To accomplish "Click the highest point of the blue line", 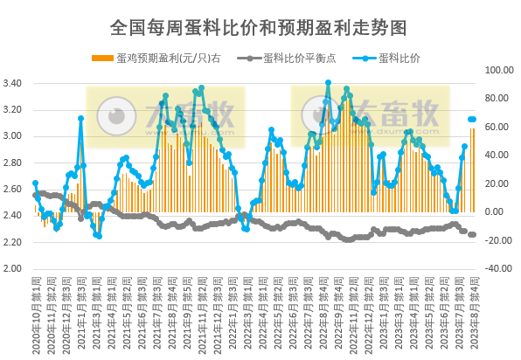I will (x=328, y=83).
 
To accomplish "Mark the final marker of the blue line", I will (x=473, y=119).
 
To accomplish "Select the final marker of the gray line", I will (x=473, y=234).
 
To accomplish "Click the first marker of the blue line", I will (x=35, y=183).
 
